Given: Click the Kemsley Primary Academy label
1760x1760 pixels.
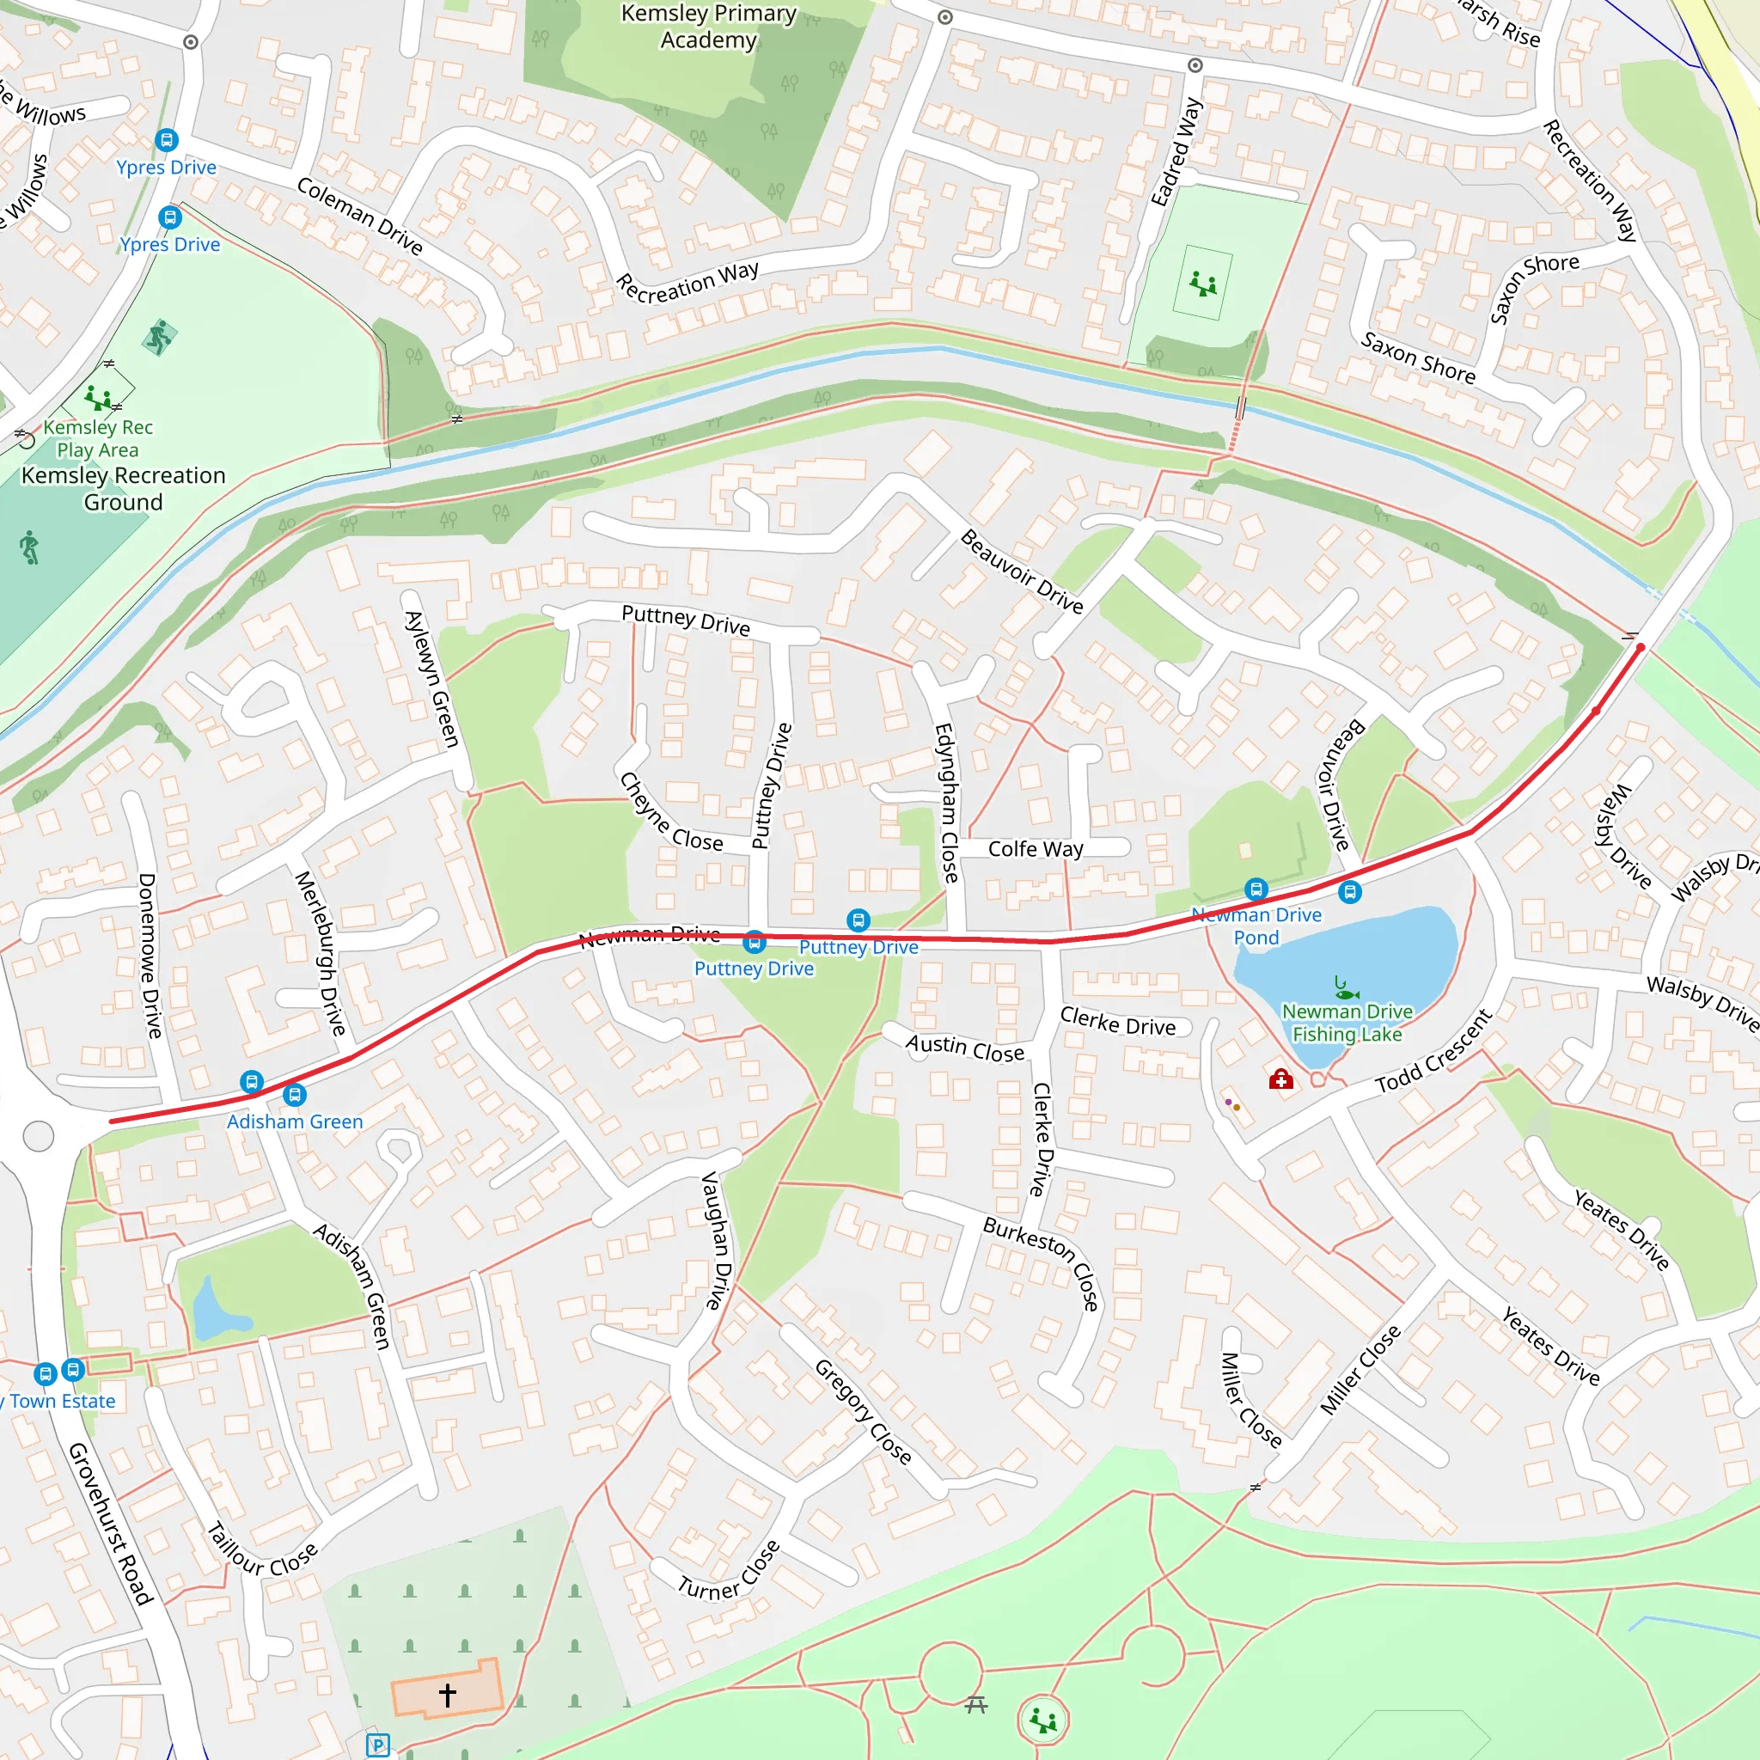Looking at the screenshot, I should [708, 27].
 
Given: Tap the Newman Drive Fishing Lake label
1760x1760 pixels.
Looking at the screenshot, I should [1347, 1022].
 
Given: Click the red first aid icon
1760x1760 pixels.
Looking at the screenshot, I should [1280, 1079].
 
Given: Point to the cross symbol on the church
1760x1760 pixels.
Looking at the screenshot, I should [447, 1695].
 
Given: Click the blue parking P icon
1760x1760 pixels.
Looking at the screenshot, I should [377, 1745].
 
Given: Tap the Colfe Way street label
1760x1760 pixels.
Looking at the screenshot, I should [1036, 849].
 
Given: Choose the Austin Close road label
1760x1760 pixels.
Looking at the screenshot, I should [965, 1048].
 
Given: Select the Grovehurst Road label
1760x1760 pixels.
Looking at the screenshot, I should [109, 1523].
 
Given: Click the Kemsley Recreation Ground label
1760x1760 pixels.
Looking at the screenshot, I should [123, 488].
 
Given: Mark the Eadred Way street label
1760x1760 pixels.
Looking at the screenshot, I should [1176, 152].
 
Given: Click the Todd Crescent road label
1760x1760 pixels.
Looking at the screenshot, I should [1434, 1051].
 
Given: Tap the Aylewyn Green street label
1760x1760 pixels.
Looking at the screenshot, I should [431, 679].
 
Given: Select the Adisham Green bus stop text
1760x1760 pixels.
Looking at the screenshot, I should [294, 1121].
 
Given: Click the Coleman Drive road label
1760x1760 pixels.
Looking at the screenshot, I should [360, 216].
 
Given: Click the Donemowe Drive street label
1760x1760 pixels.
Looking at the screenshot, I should [150, 955].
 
